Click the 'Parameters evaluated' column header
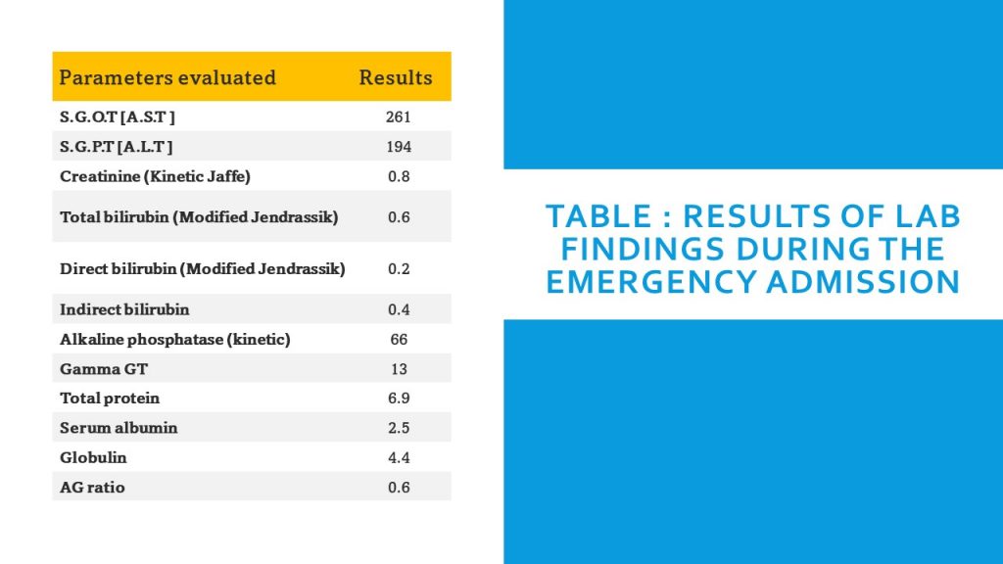tap(167, 77)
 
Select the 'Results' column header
tap(395, 77)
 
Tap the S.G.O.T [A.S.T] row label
tap(118, 117)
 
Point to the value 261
tap(398, 117)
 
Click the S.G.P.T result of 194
tap(398, 147)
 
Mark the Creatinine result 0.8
tap(398, 176)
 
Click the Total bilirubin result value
tap(398, 217)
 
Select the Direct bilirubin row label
tap(202, 268)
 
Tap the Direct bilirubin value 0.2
tap(398, 268)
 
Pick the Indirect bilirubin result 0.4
tap(398, 309)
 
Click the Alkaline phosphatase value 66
tap(398, 340)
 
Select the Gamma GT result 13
tap(398, 369)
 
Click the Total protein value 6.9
tap(398, 399)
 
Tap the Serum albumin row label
tap(119, 428)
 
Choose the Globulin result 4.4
tap(398, 457)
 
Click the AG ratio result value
tap(398, 488)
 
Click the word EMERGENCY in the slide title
tap(648, 282)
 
